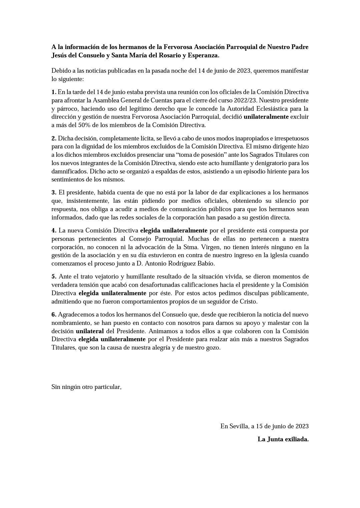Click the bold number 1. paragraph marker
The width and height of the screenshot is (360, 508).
click(x=54, y=92)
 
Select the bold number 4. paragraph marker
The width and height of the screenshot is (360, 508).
click(x=54, y=230)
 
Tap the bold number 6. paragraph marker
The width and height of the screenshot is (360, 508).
click(x=54, y=315)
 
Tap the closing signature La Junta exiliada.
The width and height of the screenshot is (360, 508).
click(x=283, y=439)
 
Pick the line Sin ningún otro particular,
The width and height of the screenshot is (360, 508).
click(x=86, y=387)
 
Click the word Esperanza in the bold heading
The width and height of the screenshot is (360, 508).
click(x=203, y=55)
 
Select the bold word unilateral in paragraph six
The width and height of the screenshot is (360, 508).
click(x=90, y=331)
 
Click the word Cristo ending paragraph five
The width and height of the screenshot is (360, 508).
click(x=249, y=302)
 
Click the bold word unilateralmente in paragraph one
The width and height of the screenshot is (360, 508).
click(x=266, y=117)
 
